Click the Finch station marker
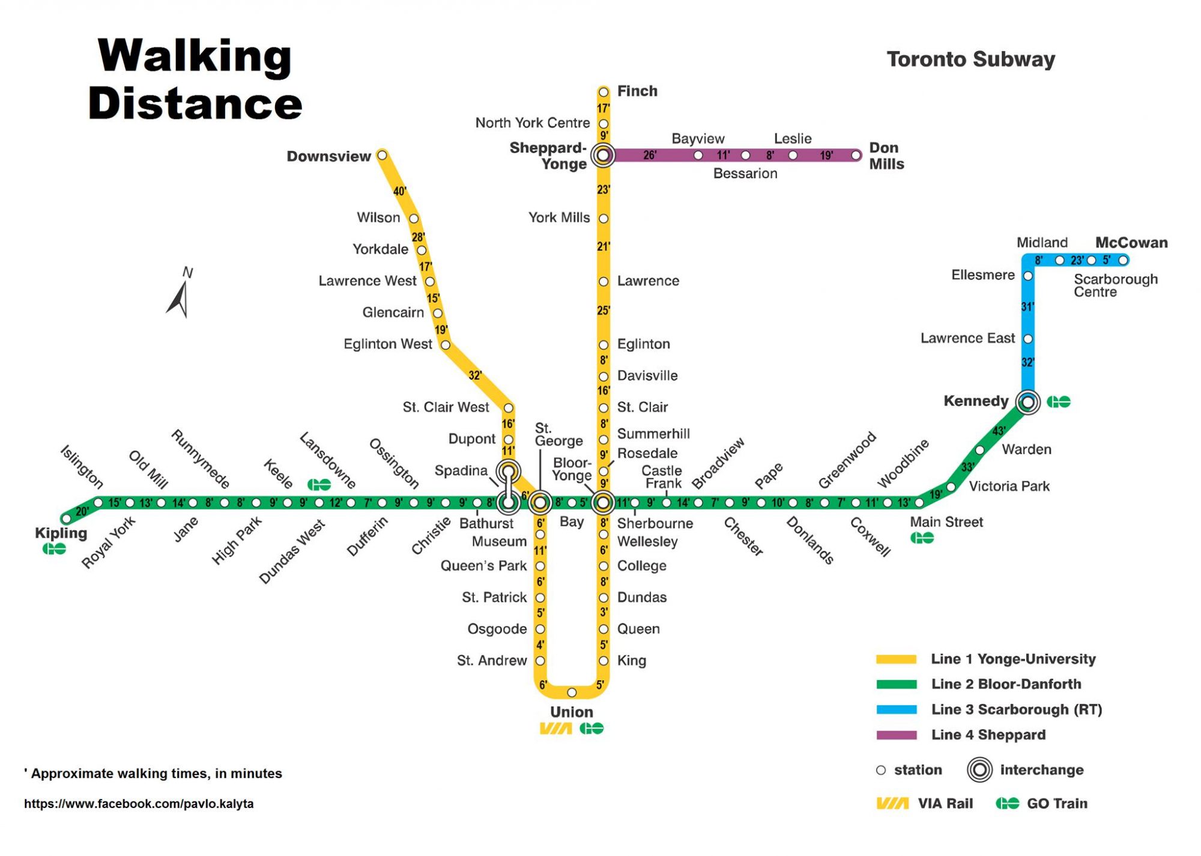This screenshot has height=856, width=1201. pos(604,92)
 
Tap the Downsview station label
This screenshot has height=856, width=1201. pos(328,156)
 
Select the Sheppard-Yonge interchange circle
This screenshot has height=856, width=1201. pos(603,156)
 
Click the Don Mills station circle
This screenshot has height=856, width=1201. pos(856,156)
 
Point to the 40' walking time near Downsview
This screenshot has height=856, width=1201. pos(400,192)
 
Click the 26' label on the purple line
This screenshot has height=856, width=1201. pos(650,156)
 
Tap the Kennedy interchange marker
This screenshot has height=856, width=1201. pos(1027,401)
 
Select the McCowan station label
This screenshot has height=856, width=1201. pos(1131,243)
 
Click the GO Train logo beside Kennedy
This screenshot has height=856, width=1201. pos(1059,401)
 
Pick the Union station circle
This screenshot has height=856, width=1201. pos(572,693)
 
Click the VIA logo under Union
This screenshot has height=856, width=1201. pos(555,729)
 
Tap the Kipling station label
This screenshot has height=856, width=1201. pos(61,533)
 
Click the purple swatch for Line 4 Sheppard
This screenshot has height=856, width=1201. pos(897,735)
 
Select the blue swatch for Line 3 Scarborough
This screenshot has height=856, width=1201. pos(897,709)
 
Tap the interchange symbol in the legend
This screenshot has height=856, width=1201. pos(979,770)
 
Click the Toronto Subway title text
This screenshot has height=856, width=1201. pos(970,59)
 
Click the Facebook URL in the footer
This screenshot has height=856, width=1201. pos(139,804)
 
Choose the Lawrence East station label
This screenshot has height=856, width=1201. pos(967,338)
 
